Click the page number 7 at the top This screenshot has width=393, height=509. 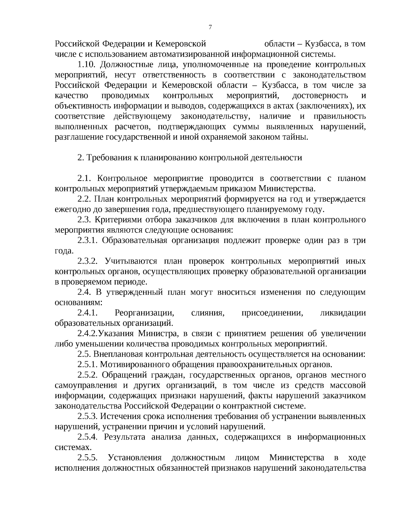[x=210, y=28]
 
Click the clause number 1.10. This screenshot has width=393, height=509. [x=86, y=65]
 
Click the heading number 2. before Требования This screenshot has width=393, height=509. [x=81, y=158]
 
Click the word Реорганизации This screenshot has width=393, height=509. [x=144, y=313]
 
